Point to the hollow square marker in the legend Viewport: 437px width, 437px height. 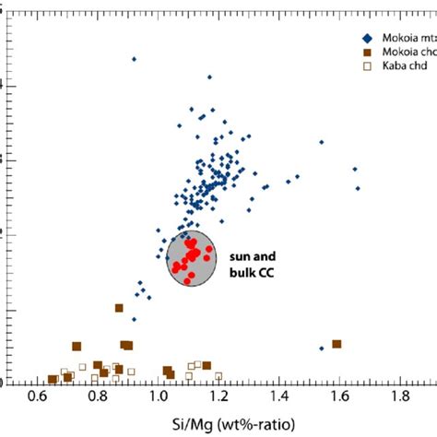pyautogui.click(x=368, y=67)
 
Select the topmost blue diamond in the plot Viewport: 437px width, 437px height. pyautogui.click(x=135, y=59)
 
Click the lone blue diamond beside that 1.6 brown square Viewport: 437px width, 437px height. pyautogui.click(x=321, y=348)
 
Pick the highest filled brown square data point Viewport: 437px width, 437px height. pyautogui.click(x=119, y=308)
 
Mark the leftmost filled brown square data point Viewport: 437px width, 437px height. pyautogui.click(x=53, y=380)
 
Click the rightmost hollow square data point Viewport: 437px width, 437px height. pyautogui.click(x=218, y=375)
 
